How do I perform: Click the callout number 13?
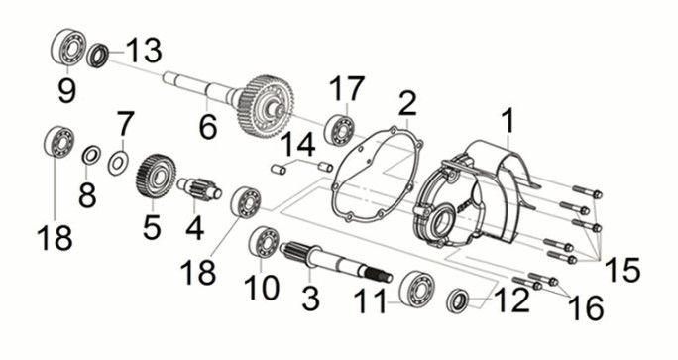tap(144, 51)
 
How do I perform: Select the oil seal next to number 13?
tap(98, 55)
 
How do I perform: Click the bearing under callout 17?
tap(339, 129)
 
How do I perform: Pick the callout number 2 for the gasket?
tap(407, 103)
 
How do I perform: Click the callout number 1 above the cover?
tap(508, 121)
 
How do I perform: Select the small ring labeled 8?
tap(91, 155)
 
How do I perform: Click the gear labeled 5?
tap(156, 177)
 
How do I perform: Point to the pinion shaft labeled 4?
tap(199, 189)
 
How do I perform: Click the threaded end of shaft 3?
tap(380, 275)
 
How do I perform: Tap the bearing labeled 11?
tap(417, 287)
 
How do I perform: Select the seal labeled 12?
tap(457, 301)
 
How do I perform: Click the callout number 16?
tap(586, 308)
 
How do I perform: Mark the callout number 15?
tap(621, 269)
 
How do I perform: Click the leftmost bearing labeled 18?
tap(59, 141)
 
